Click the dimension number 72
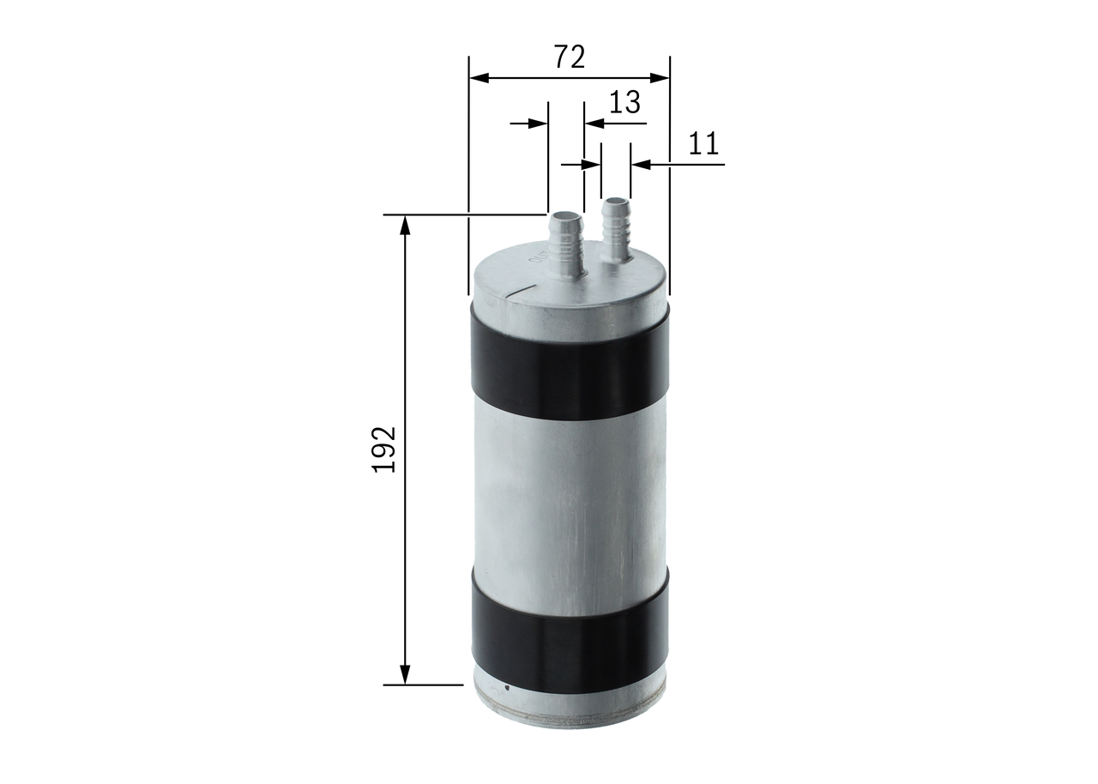coord(569,57)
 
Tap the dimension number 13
coord(624,102)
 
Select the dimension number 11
coord(703,143)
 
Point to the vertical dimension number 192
coord(383,449)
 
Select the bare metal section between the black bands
coord(570,502)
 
